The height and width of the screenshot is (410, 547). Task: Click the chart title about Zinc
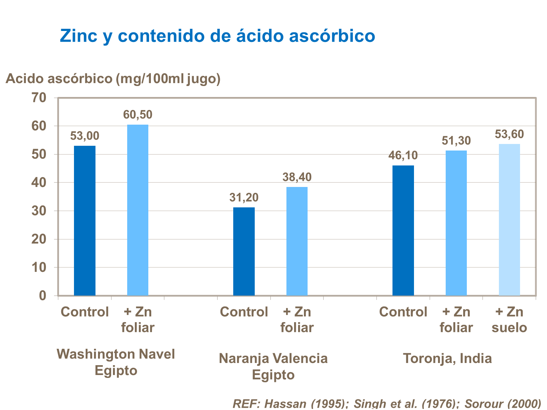[217, 36]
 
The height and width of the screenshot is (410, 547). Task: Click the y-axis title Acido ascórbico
[113, 78]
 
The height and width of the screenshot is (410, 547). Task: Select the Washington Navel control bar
[85, 220]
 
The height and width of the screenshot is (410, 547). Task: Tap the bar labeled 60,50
[138, 210]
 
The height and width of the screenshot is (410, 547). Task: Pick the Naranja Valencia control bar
[244, 251]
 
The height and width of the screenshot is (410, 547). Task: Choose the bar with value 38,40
[297, 241]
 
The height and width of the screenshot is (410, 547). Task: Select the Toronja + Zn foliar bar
[456, 223]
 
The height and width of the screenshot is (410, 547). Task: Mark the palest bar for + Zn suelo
[509, 220]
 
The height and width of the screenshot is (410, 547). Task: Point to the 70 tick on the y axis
[39, 98]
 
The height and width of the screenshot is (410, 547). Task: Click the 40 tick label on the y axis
[39, 183]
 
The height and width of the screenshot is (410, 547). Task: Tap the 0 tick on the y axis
[43, 296]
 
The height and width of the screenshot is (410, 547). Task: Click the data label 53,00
[85, 136]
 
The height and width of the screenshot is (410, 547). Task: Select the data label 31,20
[244, 198]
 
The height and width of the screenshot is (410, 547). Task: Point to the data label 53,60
[509, 134]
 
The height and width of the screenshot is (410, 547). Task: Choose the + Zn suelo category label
[509, 320]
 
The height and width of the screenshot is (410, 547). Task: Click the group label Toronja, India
[447, 358]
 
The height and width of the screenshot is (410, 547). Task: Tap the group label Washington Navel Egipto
[116, 362]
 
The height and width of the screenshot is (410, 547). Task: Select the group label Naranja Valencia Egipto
[273, 366]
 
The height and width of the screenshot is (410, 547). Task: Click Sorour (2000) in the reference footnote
[503, 404]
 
